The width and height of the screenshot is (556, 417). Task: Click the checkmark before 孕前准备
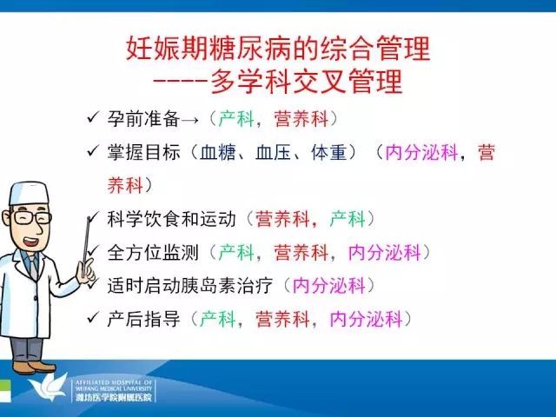tap(93, 117)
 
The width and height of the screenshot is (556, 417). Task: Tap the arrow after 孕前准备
tap(189, 120)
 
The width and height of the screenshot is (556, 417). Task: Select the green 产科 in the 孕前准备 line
tap(236, 119)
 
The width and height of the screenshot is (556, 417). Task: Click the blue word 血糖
tap(218, 153)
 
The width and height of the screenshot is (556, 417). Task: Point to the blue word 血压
tap(273, 153)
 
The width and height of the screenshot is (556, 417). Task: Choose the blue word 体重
tap(328, 153)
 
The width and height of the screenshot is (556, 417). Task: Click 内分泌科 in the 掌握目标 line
tap(421, 153)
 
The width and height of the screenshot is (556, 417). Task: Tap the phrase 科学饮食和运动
tap(172, 219)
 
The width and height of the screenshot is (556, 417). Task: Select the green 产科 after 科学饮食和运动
tap(347, 219)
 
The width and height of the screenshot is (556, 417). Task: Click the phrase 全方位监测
tap(153, 253)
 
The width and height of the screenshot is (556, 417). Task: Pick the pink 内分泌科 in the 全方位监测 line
tap(384, 253)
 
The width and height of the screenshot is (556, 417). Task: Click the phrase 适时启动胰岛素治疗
tap(190, 286)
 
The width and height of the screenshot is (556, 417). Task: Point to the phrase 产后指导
tap(143, 319)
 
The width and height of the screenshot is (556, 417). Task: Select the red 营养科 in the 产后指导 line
tap(282, 319)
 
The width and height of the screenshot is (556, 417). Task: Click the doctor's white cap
tap(29, 193)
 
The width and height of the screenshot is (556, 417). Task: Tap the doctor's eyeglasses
tap(30, 217)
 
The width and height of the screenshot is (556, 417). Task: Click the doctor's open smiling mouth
tap(31, 242)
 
